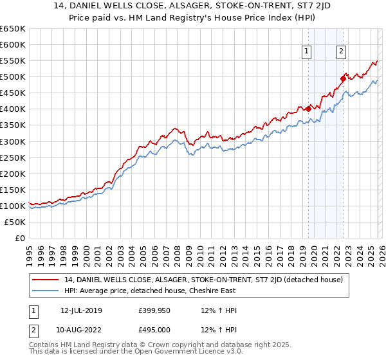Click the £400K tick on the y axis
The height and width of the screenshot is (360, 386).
[x=13, y=109]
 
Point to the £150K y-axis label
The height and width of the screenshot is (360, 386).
[x=13, y=190]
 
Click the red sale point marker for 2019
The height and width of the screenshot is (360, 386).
[x=308, y=109]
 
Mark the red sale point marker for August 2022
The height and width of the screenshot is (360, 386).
[x=343, y=78]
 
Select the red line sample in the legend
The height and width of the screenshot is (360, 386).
[x=46, y=280]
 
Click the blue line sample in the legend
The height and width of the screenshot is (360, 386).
[x=46, y=291]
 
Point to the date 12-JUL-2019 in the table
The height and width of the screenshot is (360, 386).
[x=81, y=310]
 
